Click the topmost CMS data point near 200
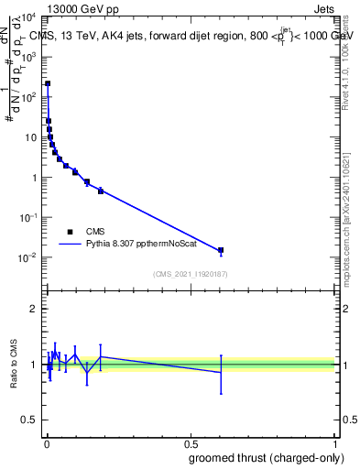(x=48, y=83)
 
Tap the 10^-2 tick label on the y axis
(x=27, y=257)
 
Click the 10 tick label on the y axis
(x=30, y=137)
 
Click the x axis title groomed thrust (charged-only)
(x=267, y=457)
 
